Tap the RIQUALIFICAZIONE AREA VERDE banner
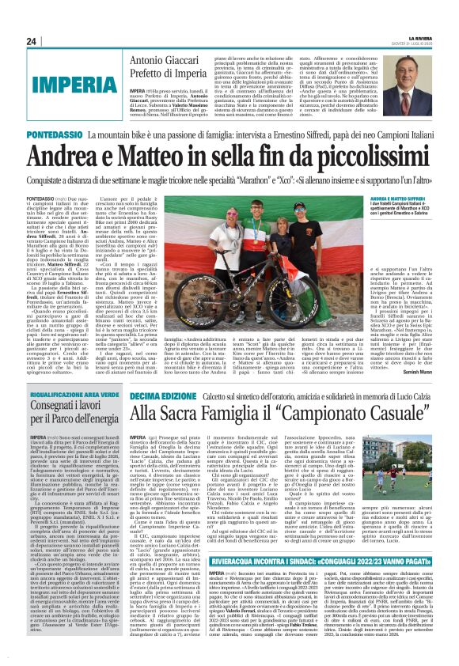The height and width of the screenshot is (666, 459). point(74,392)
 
